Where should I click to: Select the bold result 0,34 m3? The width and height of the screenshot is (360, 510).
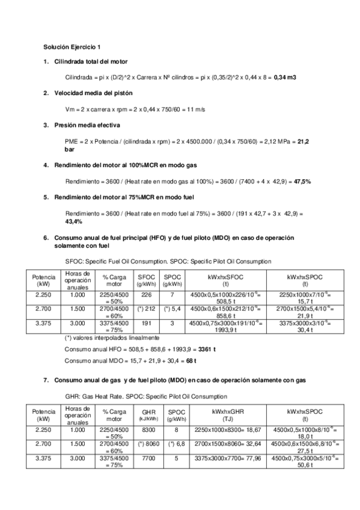point(285,78)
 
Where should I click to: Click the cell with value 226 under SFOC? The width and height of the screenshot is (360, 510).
point(146,295)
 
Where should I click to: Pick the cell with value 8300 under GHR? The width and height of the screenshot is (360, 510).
point(146,430)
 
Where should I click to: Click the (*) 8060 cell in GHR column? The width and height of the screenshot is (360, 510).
point(146,444)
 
